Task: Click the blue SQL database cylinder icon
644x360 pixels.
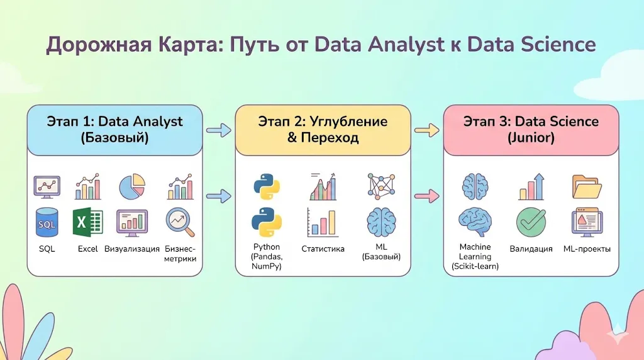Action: (x=47, y=222)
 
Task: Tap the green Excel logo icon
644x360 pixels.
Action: (x=87, y=222)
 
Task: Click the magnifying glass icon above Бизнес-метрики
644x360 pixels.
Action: (x=180, y=222)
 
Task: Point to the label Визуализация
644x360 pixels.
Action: (x=132, y=249)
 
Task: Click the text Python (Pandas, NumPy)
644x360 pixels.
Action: (x=267, y=256)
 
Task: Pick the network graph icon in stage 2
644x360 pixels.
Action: (x=381, y=185)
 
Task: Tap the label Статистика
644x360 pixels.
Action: (x=323, y=249)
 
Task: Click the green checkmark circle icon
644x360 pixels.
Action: (x=531, y=222)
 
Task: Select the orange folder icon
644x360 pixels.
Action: (x=587, y=187)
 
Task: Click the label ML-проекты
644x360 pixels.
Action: (x=587, y=249)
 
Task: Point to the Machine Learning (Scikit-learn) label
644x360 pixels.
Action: (x=475, y=256)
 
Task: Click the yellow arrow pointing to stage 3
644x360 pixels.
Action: (x=427, y=131)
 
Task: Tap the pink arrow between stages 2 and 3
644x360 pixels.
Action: (x=427, y=196)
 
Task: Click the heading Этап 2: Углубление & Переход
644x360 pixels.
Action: (x=323, y=130)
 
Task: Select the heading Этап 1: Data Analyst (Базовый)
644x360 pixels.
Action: (x=114, y=130)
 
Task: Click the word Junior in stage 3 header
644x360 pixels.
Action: (x=531, y=138)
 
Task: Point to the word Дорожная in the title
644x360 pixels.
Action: (x=99, y=45)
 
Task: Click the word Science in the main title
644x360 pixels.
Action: (x=558, y=45)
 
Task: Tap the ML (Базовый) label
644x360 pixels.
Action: (x=381, y=252)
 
